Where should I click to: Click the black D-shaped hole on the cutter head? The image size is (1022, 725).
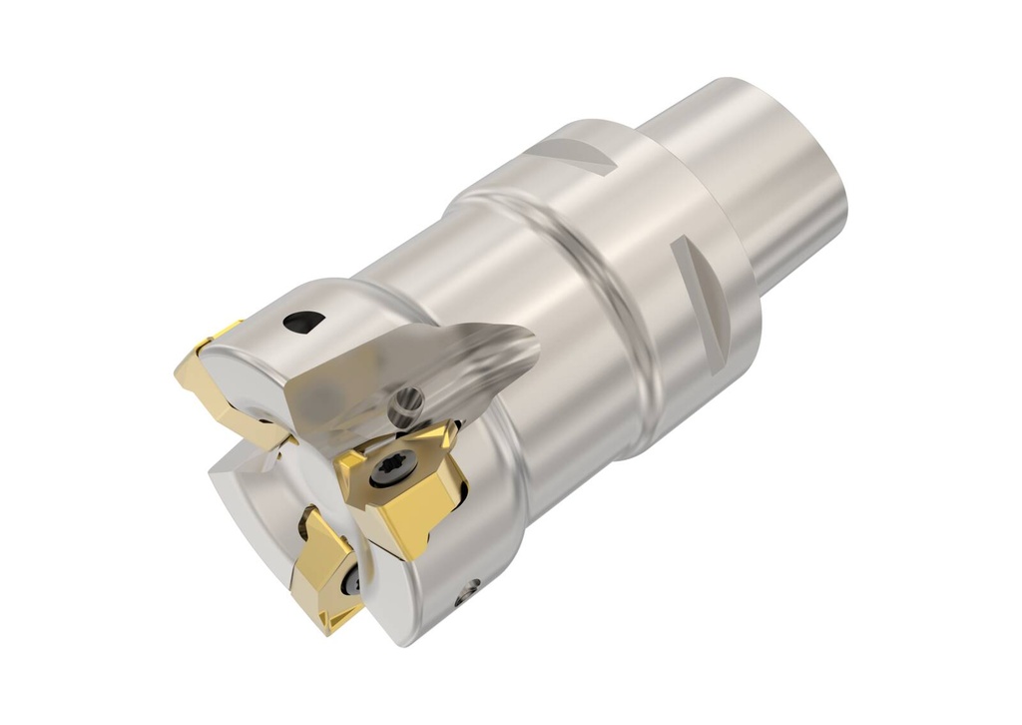coord(303,322)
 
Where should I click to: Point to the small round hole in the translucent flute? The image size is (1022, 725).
coord(407,403)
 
